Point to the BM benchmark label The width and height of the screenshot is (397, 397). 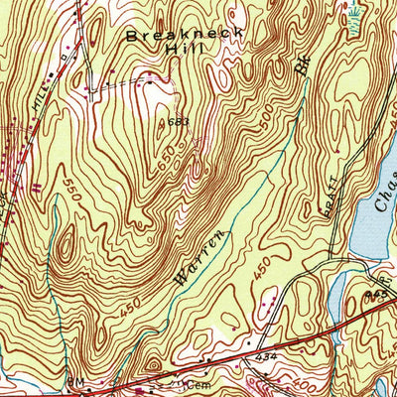click(x=74, y=382)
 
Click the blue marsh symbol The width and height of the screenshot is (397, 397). click(x=355, y=12)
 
